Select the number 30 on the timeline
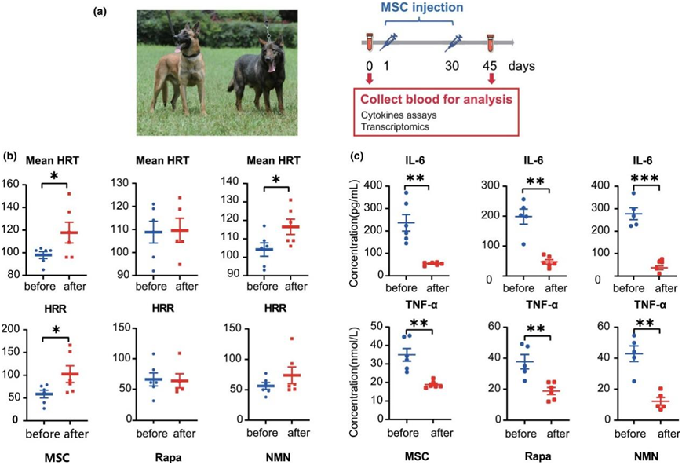tap(452, 66)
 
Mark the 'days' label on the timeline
tap(522, 66)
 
